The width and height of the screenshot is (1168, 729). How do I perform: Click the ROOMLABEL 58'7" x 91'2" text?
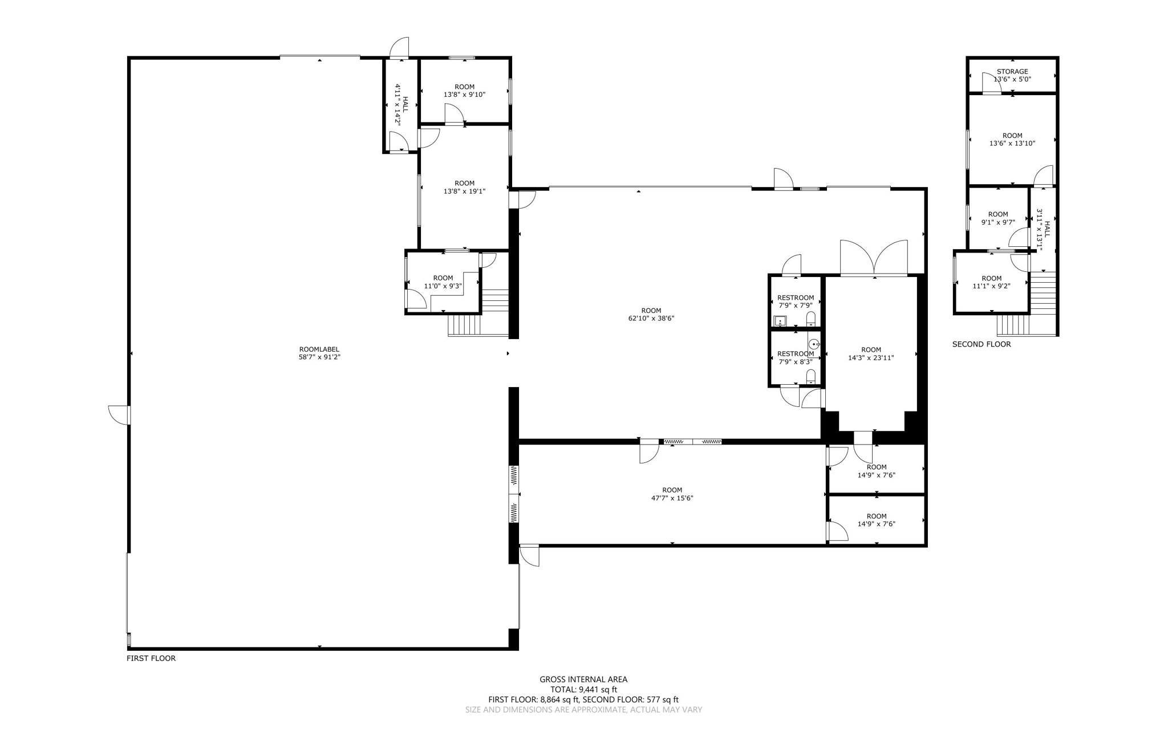click(319, 353)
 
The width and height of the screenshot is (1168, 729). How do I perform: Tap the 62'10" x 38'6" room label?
click(651, 315)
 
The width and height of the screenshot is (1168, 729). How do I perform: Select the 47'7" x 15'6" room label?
click(672, 494)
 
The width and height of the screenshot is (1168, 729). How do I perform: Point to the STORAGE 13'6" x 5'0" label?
click(1012, 75)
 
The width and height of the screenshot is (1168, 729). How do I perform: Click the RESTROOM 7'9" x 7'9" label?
click(796, 302)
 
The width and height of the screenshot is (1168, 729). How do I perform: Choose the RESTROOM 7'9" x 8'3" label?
click(796, 357)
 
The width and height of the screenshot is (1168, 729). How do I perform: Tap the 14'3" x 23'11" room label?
click(871, 354)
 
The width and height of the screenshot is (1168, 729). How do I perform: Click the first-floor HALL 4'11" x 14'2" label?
click(401, 105)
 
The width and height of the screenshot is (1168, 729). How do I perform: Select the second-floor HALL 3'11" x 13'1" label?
click(1043, 230)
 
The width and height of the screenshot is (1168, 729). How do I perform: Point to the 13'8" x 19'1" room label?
click(465, 188)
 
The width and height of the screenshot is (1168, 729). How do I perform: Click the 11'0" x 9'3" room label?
click(443, 282)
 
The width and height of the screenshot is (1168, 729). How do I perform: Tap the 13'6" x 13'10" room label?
click(1012, 140)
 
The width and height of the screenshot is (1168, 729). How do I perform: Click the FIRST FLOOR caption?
click(151, 658)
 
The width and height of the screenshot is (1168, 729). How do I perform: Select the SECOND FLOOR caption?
click(982, 344)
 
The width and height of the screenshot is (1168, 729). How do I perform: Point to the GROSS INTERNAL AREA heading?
click(583, 679)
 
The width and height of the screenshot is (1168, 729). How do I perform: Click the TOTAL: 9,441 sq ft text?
click(583, 690)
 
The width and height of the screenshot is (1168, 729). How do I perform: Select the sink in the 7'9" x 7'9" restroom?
click(780, 321)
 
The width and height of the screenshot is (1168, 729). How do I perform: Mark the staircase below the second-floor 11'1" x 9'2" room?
click(1014, 325)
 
